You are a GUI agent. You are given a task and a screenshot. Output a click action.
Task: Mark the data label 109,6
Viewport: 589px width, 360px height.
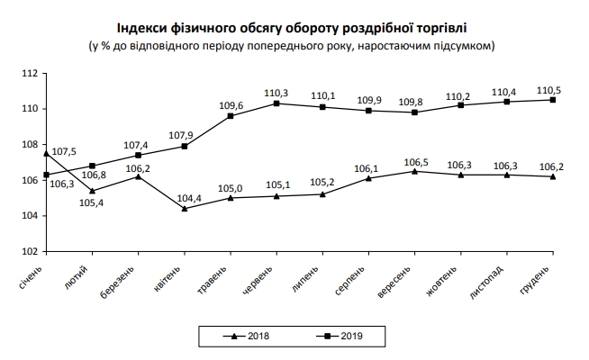pos(231,104)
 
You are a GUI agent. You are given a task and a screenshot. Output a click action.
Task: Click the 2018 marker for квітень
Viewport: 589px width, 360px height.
pos(184,209)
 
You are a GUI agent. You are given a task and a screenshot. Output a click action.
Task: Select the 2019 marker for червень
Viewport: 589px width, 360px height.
pos(276,103)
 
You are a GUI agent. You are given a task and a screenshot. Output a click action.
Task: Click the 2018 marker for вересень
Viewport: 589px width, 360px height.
pos(413,171)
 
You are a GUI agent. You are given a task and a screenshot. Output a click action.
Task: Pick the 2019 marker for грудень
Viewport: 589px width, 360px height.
pos(551,100)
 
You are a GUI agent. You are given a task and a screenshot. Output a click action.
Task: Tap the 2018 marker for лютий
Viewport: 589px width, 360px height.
pos(92,191)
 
